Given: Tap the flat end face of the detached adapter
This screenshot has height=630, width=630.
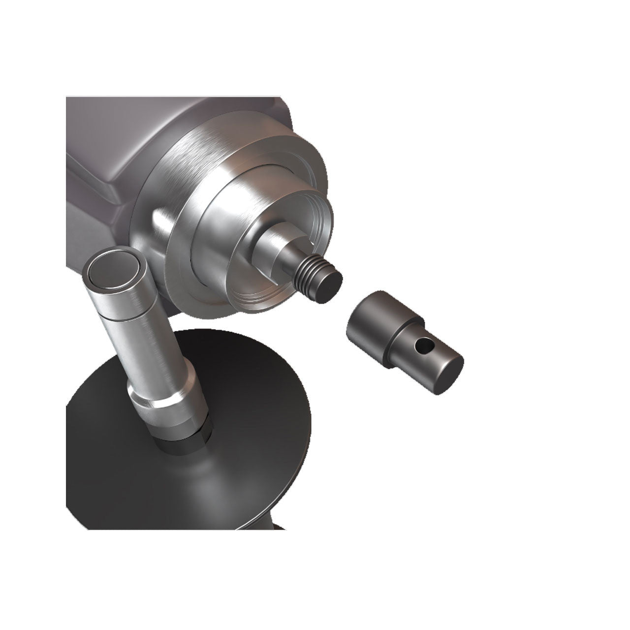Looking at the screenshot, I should point(445,376).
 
